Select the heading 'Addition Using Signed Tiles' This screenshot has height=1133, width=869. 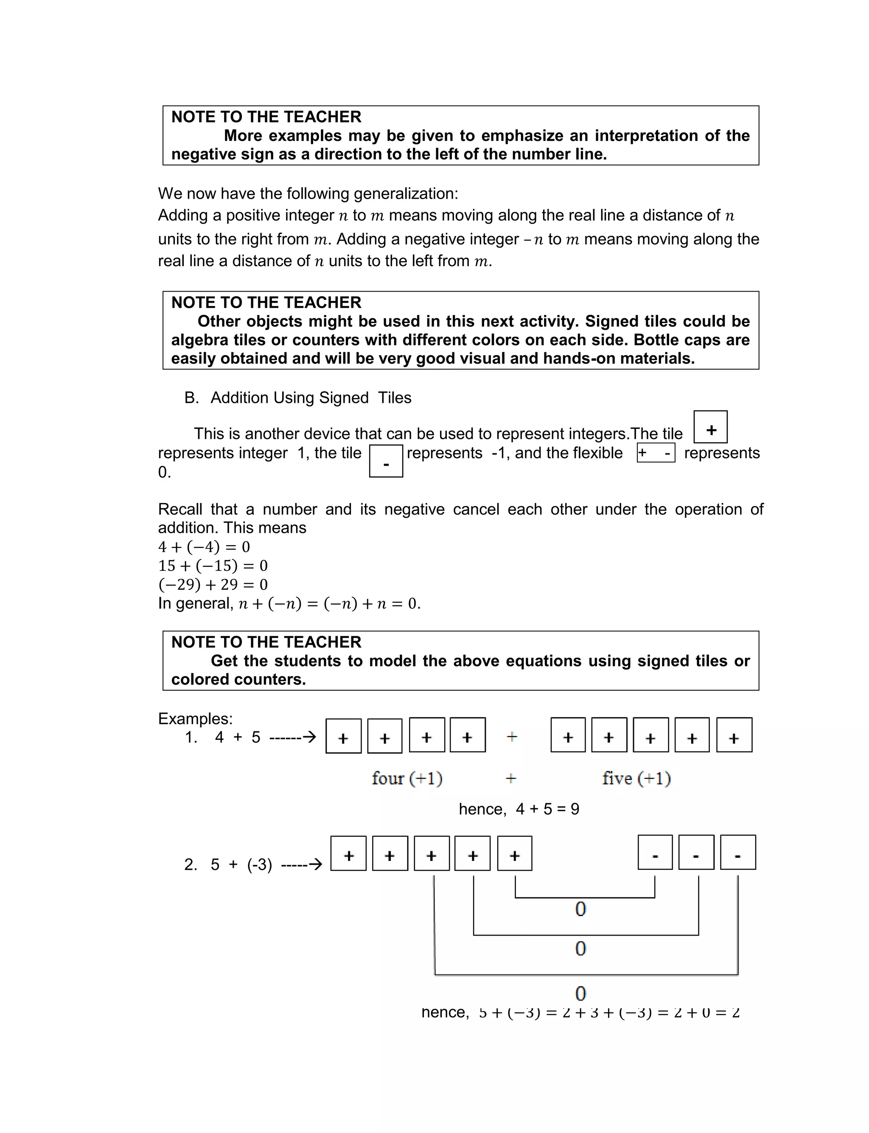point(310,397)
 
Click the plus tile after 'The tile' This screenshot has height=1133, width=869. point(710,427)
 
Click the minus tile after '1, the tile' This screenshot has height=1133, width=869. point(386,461)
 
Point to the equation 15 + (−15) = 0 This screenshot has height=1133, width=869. point(213,565)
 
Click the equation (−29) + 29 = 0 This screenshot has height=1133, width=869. point(213,585)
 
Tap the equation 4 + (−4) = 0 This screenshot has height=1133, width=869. point(204,547)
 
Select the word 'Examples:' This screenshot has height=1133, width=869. point(195,719)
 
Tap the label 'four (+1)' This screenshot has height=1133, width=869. point(407,778)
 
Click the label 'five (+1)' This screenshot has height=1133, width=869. point(636,778)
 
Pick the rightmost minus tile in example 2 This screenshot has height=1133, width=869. point(737,852)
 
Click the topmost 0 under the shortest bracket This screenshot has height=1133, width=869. point(580,909)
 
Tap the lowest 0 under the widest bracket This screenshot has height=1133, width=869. point(580,993)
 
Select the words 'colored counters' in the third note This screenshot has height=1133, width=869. point(238,679)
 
